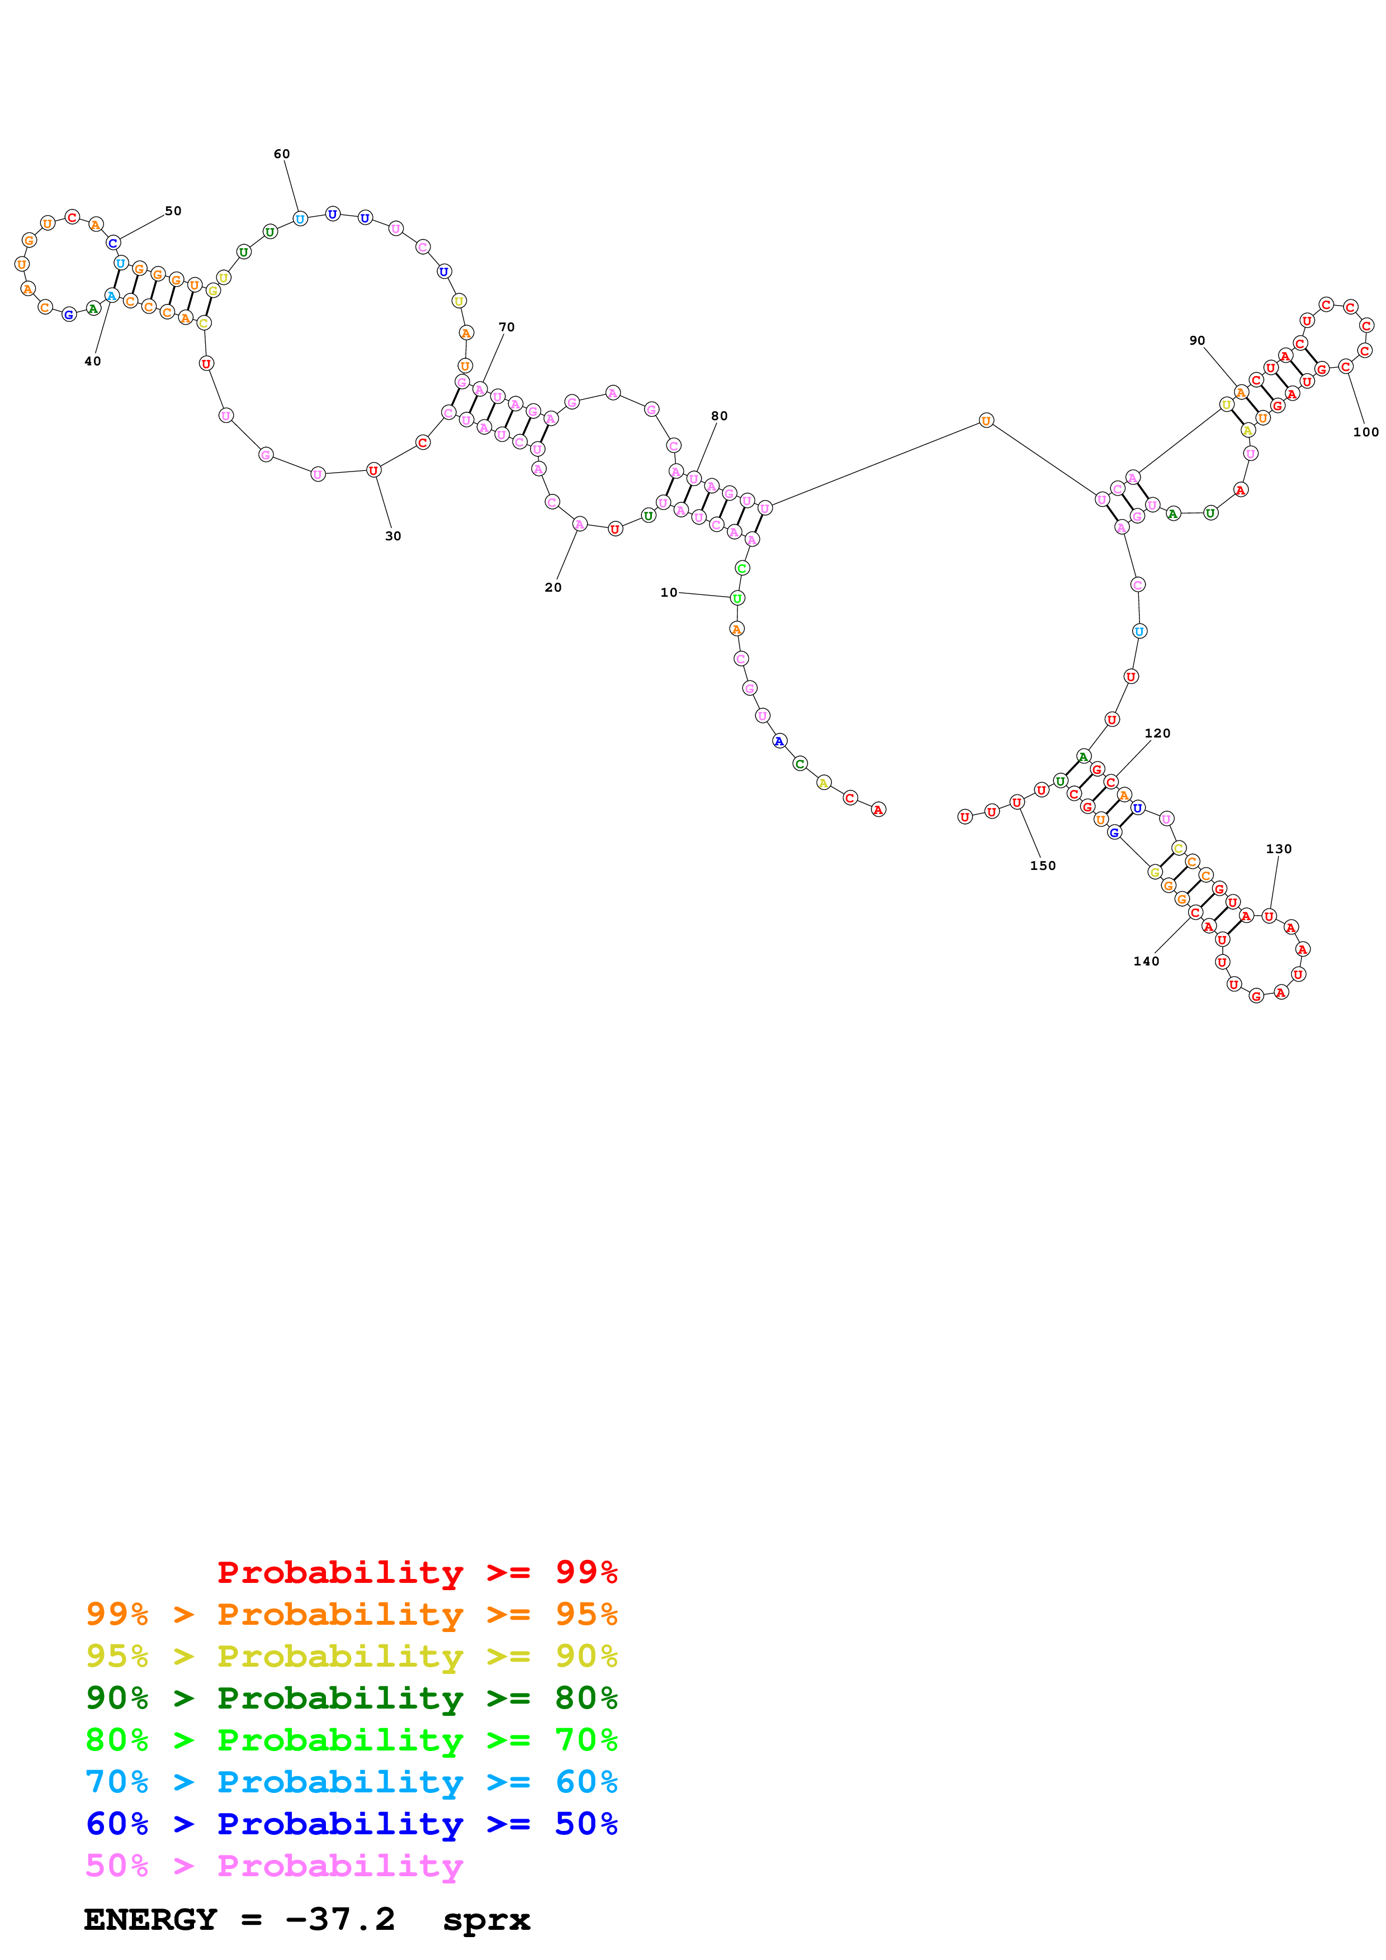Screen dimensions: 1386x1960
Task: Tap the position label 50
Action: [x=173, y=211]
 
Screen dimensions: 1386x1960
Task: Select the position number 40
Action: [x=92, y=361]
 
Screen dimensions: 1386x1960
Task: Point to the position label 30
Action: [x=393, y=536]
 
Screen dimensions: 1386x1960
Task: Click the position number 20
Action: [x=554, y=587]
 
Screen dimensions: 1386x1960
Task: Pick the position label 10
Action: [x=669, y=592]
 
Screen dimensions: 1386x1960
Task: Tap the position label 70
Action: [x=507, y=327]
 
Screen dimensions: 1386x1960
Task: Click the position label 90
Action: [x=1197, y=341]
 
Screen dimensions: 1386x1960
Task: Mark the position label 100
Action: [x=1365, y=432]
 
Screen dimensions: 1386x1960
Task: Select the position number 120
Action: [x=1157, y=733]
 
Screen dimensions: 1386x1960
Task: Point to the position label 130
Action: [x=1279, y=849]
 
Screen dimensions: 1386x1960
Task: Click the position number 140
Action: [x=1146, y=961]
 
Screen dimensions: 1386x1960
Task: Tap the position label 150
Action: [x=1043, y=865]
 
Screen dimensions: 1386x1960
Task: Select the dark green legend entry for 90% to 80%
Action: [x=351, y=1698]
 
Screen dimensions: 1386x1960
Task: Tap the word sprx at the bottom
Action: [x=486, y=1920]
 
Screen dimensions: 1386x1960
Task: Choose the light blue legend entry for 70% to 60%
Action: [x=351, y=1782]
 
